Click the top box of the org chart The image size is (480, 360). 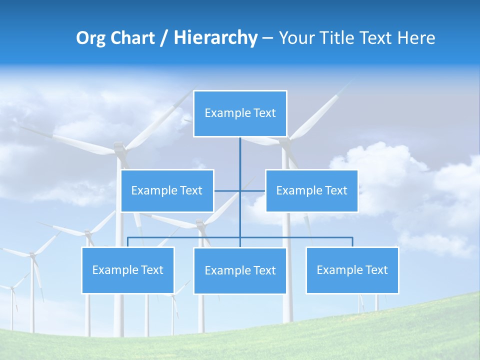coord(240,113)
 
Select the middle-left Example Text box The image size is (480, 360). coord(167,191)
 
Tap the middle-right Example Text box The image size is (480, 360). coord(311,191)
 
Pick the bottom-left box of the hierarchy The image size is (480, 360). coord(128,270)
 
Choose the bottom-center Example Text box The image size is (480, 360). coord(240,271)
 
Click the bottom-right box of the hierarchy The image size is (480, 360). coord(352,270)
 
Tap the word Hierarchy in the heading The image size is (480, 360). coord(215,38)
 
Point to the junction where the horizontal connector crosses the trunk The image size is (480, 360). coord(240,191)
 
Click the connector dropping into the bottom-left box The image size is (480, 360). coord(128,242)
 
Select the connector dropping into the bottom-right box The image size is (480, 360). coord(352,242)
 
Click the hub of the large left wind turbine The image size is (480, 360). coord(119,147)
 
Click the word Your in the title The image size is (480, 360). coord(295,38)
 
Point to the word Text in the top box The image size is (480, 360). coord(264,113)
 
